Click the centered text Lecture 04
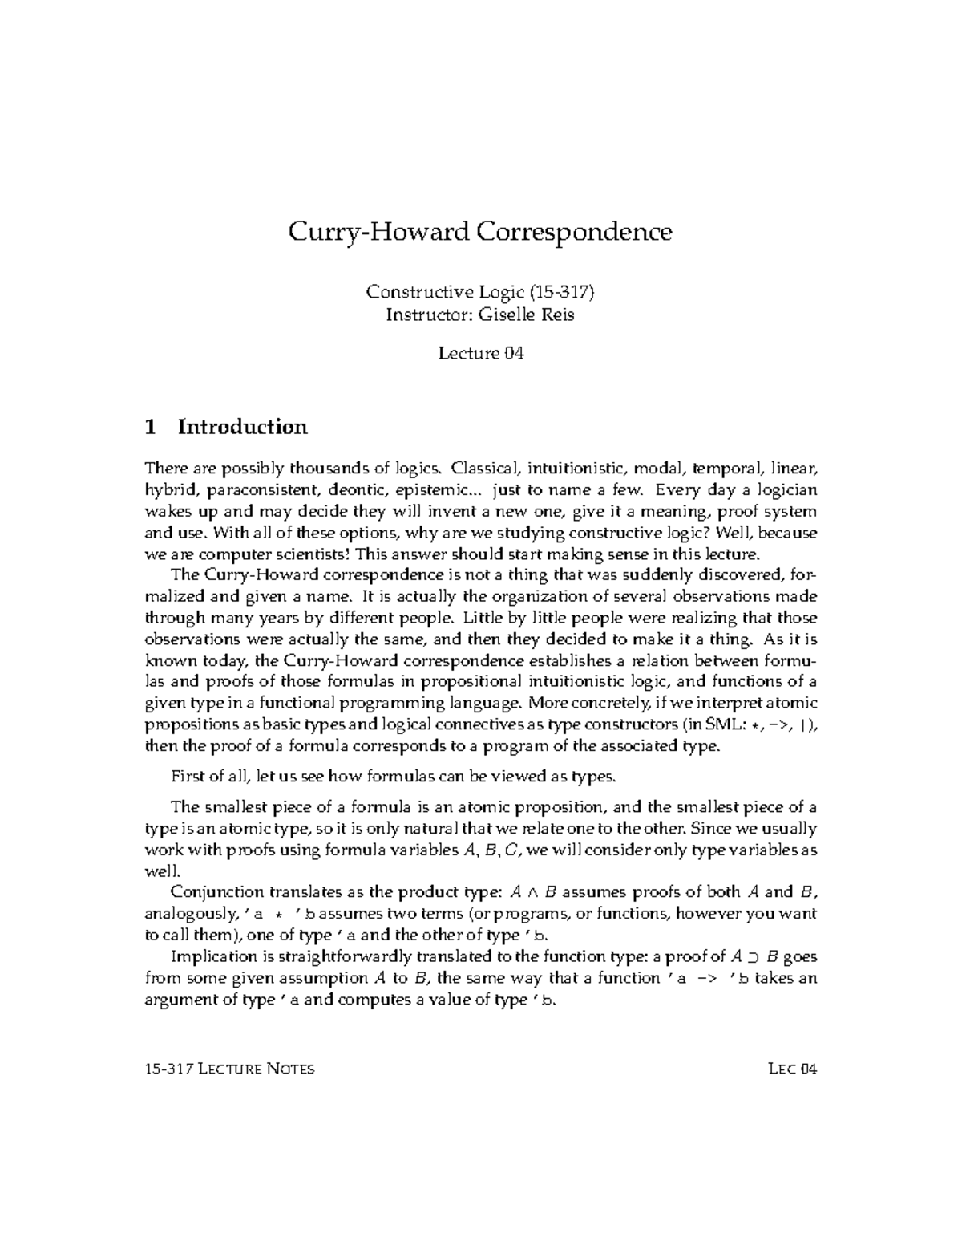pyautogui.click(x=480, y=353)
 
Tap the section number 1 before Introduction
pyautogui.click(x=150, y=427)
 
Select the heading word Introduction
pyautogui.click(x=242, y=427)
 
